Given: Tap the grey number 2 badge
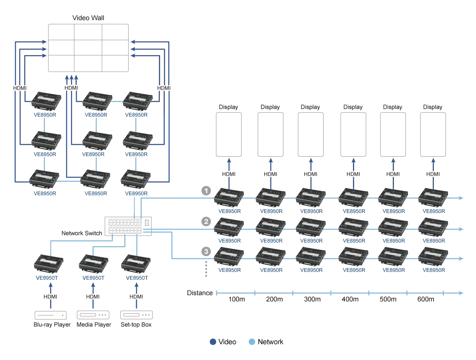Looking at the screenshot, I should [x=206, y=221].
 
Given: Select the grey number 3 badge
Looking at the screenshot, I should [x=206, y=252].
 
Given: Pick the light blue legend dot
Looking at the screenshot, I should [x=252, y=343].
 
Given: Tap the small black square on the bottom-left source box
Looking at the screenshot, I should [x=58, y=314].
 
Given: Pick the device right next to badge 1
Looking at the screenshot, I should [x=228, y=197].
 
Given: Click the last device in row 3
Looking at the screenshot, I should [x=433, y=258].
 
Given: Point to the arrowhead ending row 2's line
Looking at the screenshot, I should [x=461, y=229].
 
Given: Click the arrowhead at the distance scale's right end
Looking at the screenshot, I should [x=461, y=294].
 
